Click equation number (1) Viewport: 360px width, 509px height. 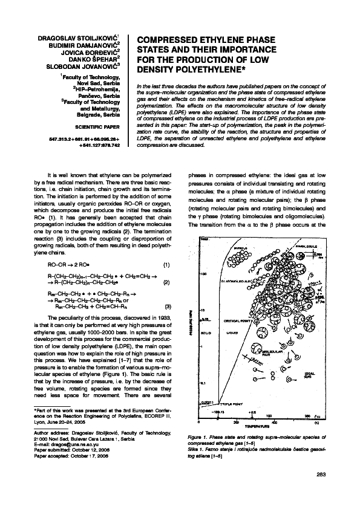point(167,265)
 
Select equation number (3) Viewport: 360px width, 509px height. point(167,306)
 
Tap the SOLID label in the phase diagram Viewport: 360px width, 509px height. point(208,332)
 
